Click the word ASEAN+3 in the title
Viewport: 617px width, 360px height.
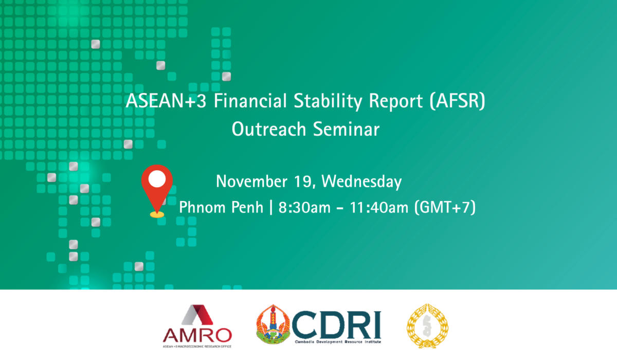(166, 100)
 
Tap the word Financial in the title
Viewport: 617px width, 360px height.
(250, 100)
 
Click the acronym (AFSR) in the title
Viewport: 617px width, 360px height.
(457, 101)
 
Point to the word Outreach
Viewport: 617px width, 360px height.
(269, 129)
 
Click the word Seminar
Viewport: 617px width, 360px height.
(347, 129)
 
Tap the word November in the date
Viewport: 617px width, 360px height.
(251, 182)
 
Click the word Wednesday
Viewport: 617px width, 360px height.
(361, 182)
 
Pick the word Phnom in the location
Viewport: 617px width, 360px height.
(202, 207)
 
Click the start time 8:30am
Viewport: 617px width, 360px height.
(304, 207)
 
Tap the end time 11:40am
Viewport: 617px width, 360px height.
(379, 207)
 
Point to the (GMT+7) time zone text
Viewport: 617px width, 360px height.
(445, 207)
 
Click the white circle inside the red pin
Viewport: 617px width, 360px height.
(157, 179)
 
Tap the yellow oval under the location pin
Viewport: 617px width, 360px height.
(157, 214)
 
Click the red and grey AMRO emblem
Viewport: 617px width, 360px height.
(197, 315)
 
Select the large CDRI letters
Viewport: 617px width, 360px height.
(337, 325)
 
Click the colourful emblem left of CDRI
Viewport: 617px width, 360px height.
(273, 324)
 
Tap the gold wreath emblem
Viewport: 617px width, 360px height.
(427, 326)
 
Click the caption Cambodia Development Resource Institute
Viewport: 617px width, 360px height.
(338, 342)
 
